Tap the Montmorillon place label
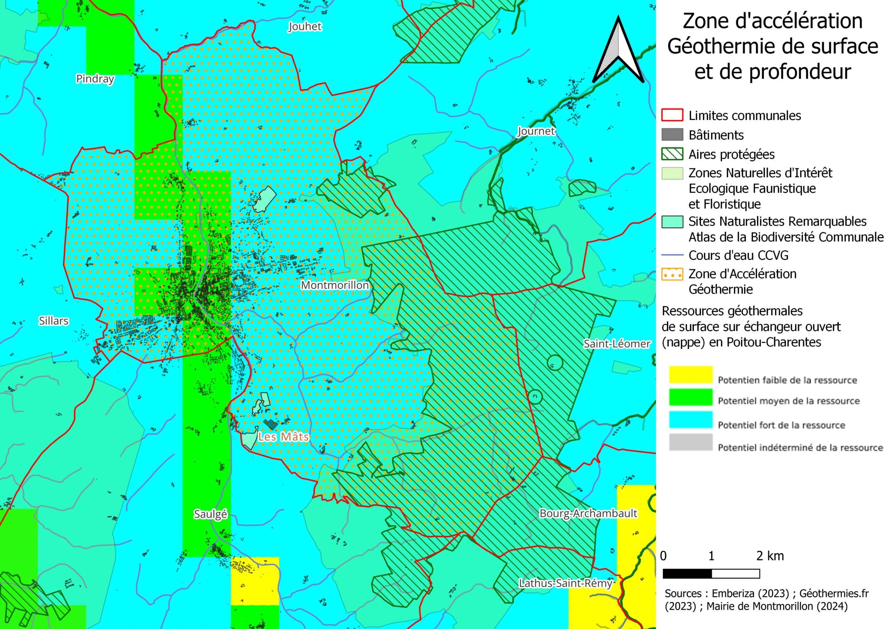point(335,285)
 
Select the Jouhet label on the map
point(305,26)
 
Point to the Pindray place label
point(95,79)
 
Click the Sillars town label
point(54,321)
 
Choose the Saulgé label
point(210,514)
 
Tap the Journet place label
point(536,131)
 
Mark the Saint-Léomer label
point(617,344)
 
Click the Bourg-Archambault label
point(588,514)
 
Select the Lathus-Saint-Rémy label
point(566,583)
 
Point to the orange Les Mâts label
point(283,437)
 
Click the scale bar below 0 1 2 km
point(711,574)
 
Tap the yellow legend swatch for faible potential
point(691,375)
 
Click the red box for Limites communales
point(672,115)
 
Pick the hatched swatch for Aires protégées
point(672,154)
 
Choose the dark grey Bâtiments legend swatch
point(672,134)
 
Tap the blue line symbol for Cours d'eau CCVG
point(672,255)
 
